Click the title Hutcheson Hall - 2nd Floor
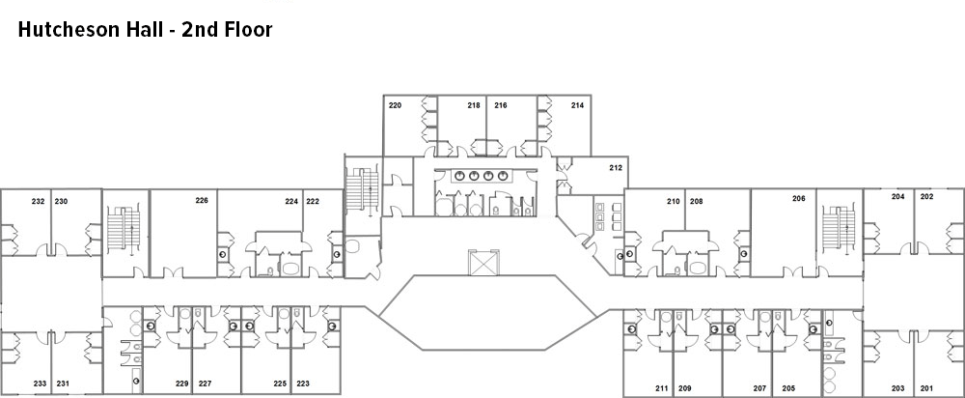(x=146, y=30)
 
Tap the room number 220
(x=395, y=106)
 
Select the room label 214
(x=577, y=106)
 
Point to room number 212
(x=616, y=167)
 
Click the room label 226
(x=202, y=201)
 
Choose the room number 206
(x=799, y=198)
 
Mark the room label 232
(x=39, y=202)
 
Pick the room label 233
(x=40, y=384)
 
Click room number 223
(x=303, y=384)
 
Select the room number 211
(x=662, y=388)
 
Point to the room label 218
(x=473, y=106)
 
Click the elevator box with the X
(x=483, y=262)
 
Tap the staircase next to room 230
(x=125, y=230)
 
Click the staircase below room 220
(x=362, y=189)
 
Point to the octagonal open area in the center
(x=488, y=313)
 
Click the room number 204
(x=897, y=197)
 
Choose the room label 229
(x=181, y=384)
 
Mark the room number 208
(x=696, y=202)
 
